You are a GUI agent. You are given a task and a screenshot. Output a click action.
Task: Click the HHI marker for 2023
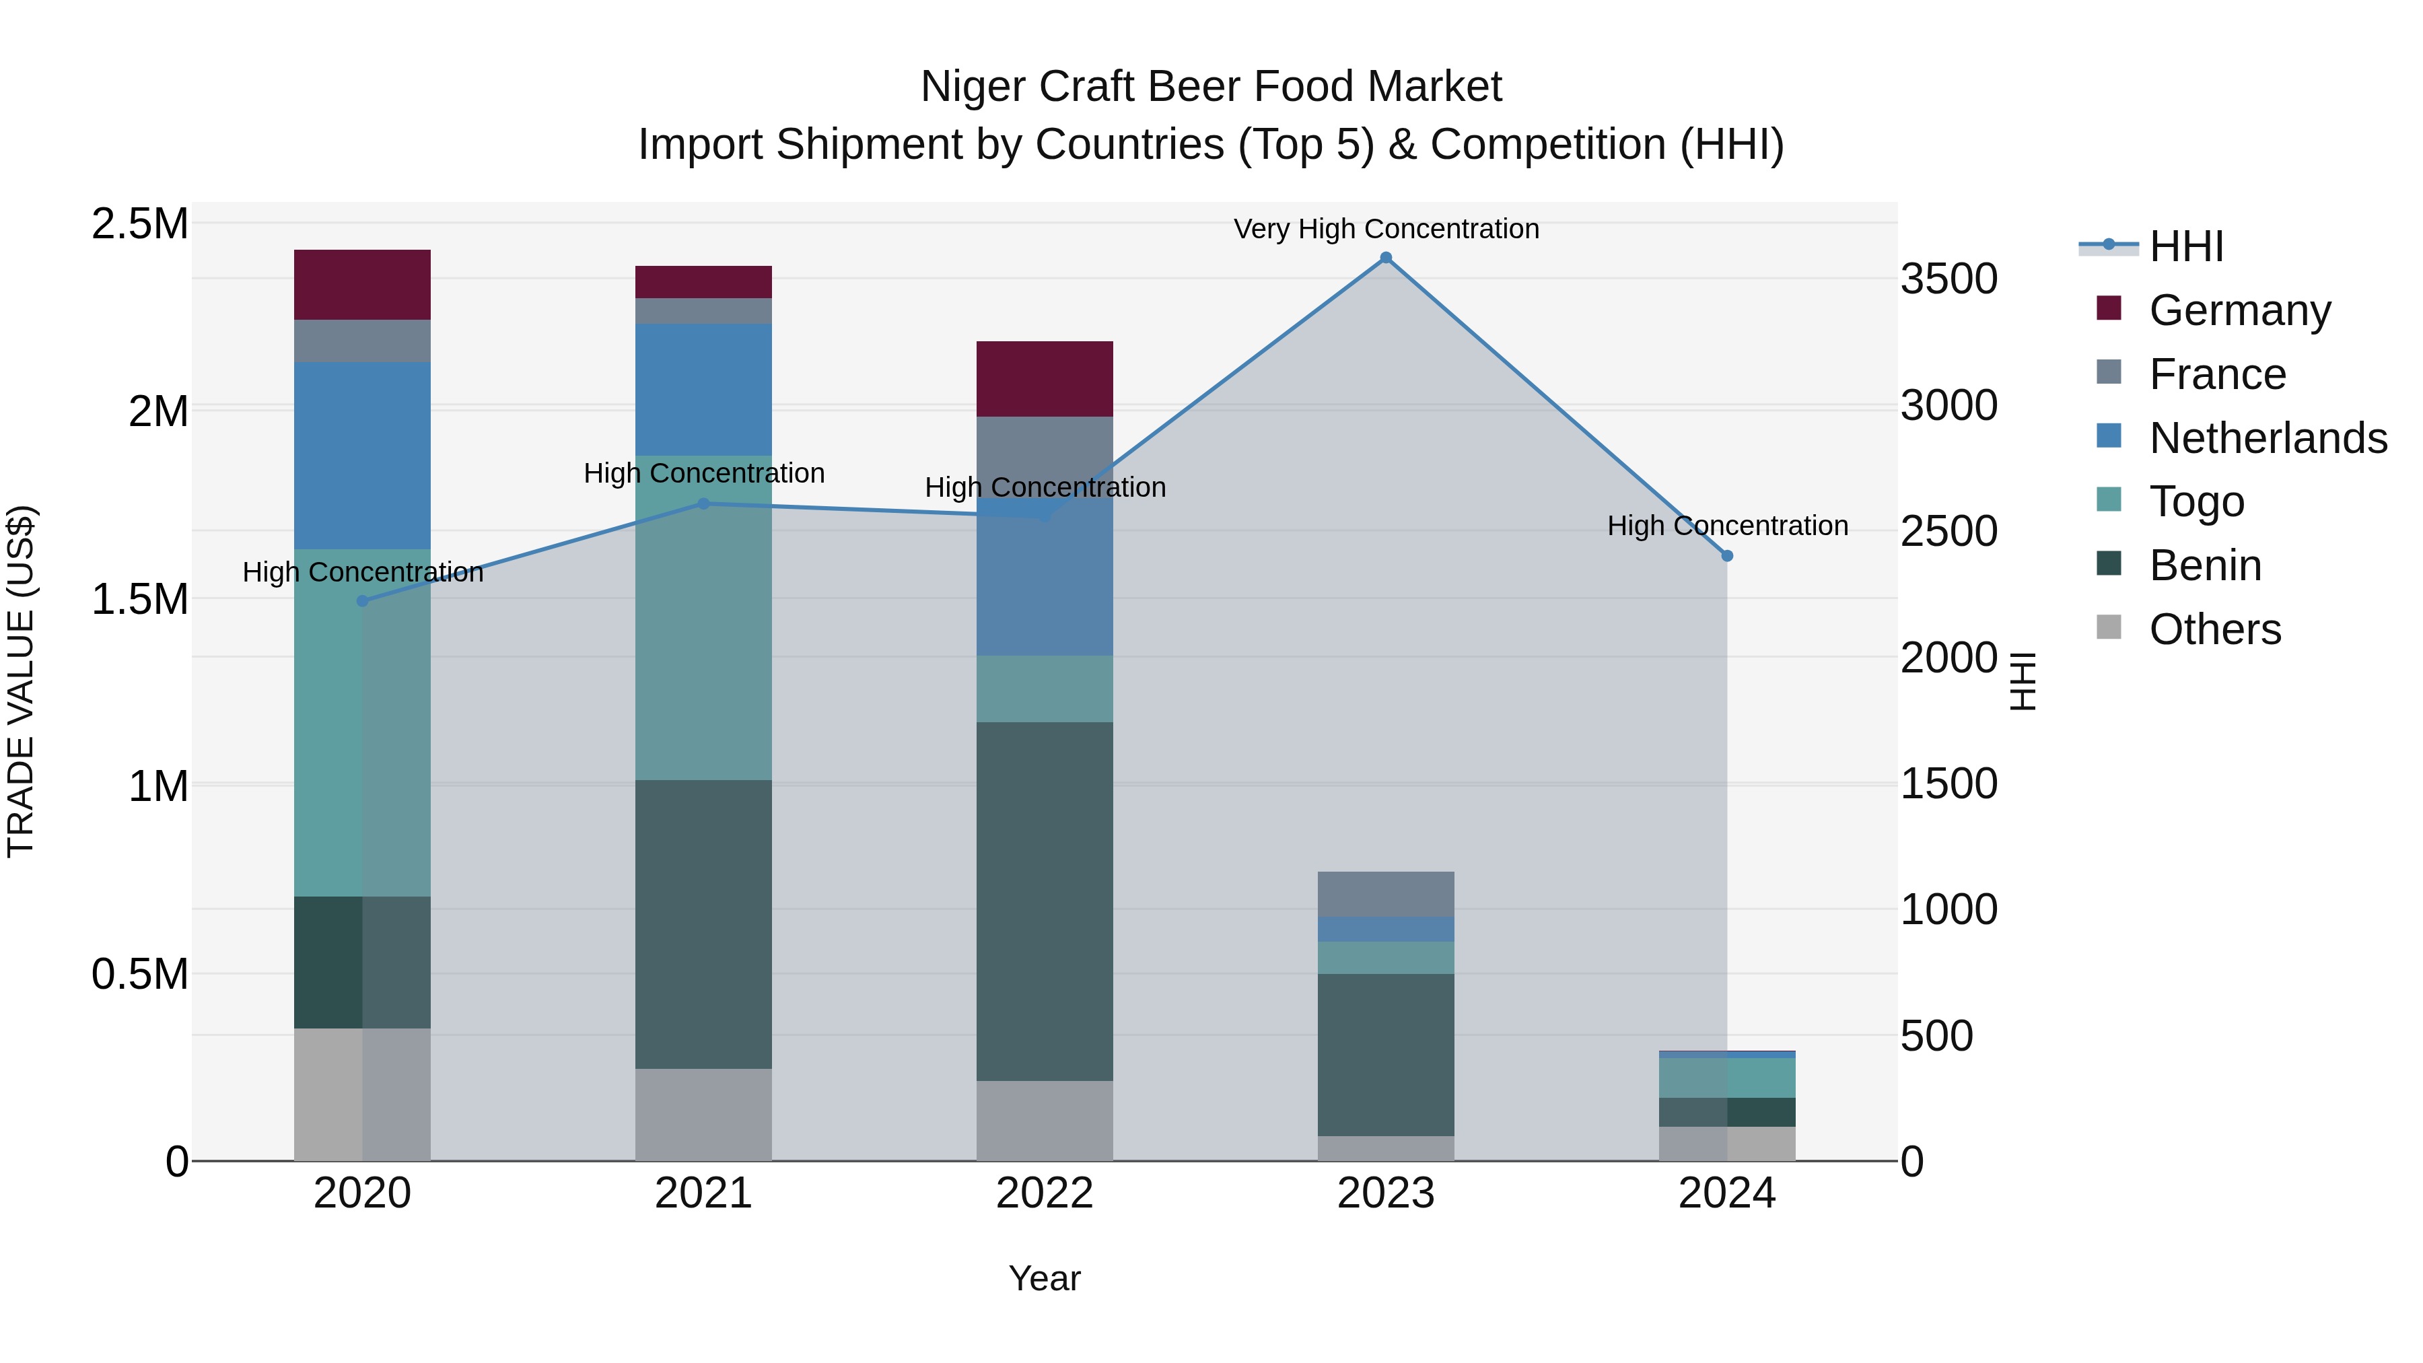pos(1386,258)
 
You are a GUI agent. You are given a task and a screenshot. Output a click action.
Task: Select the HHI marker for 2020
pos(362,601)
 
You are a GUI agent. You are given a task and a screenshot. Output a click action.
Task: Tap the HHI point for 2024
pos(1727,556)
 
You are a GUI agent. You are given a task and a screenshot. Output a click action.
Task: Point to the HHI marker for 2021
pos(703,503)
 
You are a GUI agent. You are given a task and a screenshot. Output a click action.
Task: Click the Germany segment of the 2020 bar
pos(362,285)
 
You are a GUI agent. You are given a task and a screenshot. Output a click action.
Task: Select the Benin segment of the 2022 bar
pos(1044,901)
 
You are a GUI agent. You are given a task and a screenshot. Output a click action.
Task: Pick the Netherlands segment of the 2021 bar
pos(703,390)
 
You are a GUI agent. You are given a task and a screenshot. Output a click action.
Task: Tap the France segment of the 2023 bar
pos(1386,894)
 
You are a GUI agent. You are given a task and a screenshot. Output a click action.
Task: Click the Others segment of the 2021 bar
pos(703,1115)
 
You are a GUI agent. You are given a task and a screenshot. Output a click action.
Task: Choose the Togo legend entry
pos(2196,501)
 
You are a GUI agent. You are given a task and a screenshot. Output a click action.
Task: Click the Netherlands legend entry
pos(2268,438)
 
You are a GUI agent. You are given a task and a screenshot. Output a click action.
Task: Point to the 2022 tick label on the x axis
pos(1044,1193)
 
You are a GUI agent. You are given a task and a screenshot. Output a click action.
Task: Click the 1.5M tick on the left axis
pos(140,599)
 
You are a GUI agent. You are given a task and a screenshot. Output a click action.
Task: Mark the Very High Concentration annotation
pos(1386,229)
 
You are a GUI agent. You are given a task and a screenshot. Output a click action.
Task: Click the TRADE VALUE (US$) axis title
pos(21,681)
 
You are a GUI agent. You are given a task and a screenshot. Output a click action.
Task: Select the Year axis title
pos(1044,1278)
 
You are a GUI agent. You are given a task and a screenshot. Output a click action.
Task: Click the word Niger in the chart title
pos(973,87)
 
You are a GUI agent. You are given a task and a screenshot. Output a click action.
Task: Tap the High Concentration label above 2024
pos(1727,525)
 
